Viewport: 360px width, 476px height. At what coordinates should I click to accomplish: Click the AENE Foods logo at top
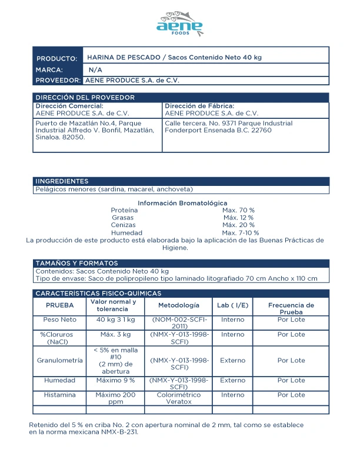(x=180, y=24)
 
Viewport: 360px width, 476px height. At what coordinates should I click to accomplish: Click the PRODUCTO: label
(x=57, y=59)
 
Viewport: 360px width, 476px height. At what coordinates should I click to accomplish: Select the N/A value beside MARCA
(x=95, y=69)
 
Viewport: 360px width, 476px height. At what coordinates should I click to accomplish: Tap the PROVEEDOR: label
(x=58, y=80)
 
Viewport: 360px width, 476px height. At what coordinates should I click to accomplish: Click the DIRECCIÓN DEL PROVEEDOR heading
(x=85, y=98)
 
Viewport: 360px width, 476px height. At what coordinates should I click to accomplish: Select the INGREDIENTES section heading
(x=62, y=181)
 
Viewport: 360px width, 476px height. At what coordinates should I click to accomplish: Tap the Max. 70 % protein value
(x=238, y=210)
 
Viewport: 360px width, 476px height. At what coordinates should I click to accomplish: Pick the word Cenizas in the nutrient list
(x=123, y=225)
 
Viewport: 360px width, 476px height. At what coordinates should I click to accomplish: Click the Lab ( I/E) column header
(x=232, y=305)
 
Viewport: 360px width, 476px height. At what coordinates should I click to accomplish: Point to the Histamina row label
(x=59, y=395)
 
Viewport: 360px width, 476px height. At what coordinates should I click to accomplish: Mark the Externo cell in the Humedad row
(x=232, y=380)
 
